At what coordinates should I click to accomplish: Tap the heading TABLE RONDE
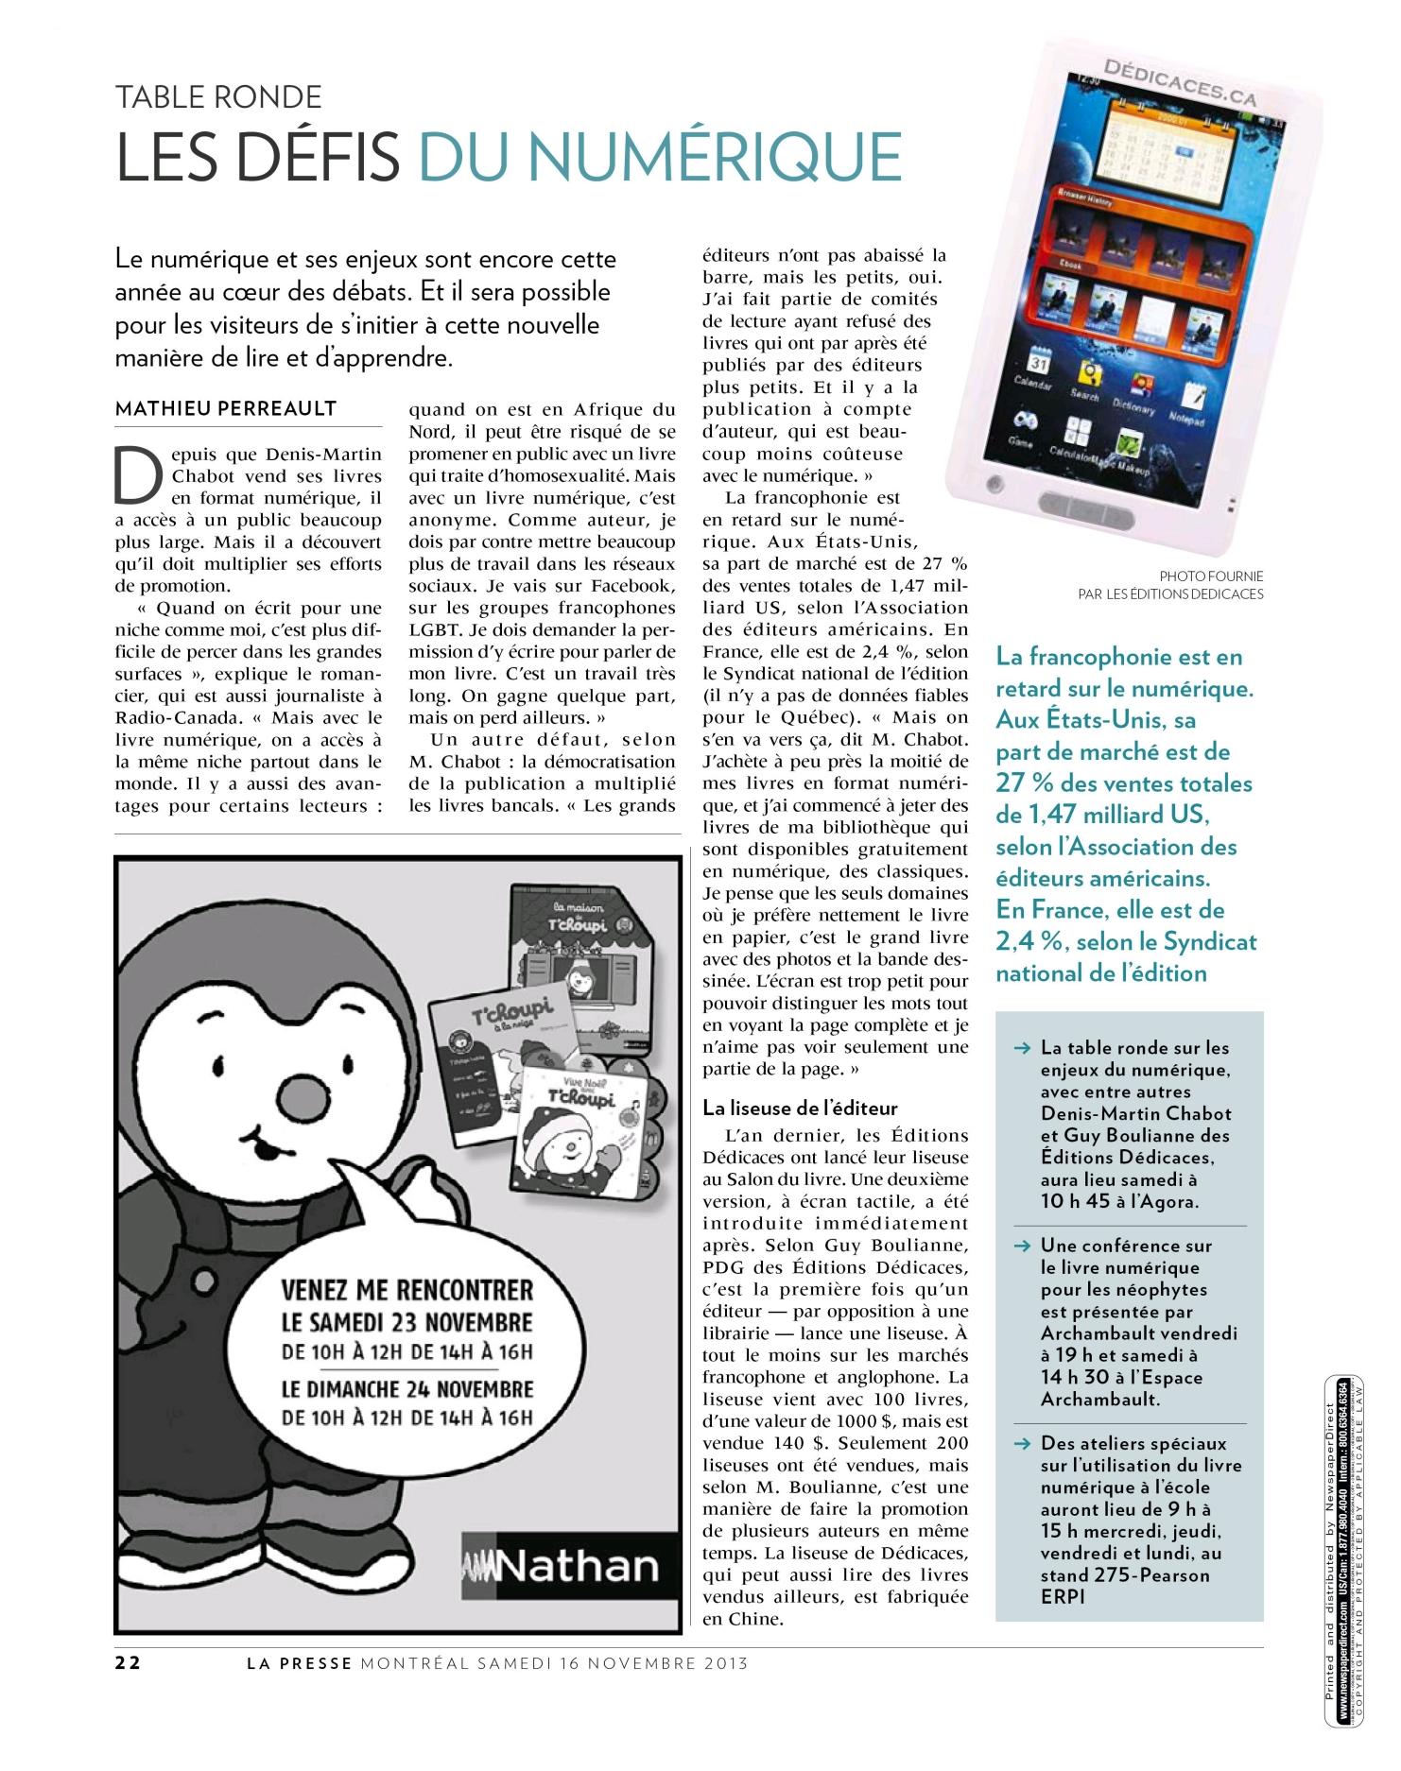pyautogui.click(x=218, y=96)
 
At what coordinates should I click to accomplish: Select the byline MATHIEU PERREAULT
pyautogui.click(x=225, y=408)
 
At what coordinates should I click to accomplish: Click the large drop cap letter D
pyautogui.click(x=137, y=473)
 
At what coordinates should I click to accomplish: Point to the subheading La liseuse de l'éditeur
pyautogui.click(x=800, y=1108)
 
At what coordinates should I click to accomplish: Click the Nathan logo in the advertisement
pyautogui.click(x=562, y=1566)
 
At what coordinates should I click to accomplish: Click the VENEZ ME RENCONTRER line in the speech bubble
pyautogui.click(x=407, y=1289)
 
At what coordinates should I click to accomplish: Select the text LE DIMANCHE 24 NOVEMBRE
pyautogui.click(x=407, y=1389)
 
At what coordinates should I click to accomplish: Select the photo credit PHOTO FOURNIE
pyautogui.click(x=1211, y=576)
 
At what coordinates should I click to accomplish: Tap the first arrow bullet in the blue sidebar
pyautogui.click(x=1021, y=1048)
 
